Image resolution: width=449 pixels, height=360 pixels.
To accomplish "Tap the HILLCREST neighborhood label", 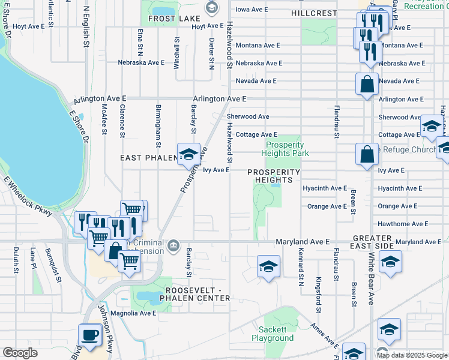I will tap(314, 13).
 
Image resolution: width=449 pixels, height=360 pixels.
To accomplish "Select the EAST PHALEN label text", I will tap(147, 158).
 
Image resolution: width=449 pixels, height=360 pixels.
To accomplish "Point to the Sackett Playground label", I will tap(276, 334).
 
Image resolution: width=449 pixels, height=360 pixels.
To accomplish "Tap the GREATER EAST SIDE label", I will tap(373, 242).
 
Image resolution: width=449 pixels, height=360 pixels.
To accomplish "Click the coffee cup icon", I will tap(89, 335).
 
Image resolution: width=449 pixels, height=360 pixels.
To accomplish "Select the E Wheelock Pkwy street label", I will tap(31, 196).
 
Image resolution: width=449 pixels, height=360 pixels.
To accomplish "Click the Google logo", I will tap(20, 353).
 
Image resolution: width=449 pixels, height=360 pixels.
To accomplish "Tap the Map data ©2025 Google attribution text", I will tap(411, 355).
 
